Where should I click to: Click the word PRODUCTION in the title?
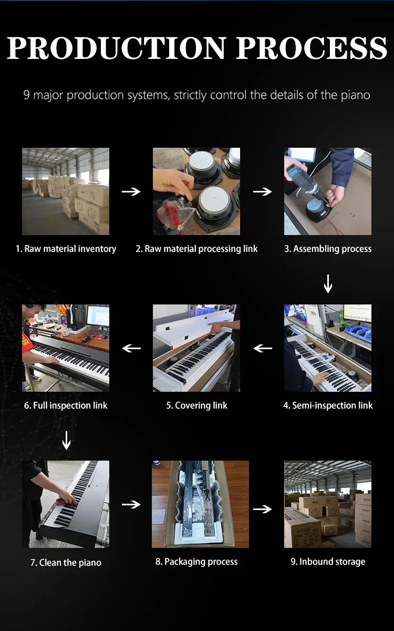[116, 48]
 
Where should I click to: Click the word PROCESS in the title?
[312, 48]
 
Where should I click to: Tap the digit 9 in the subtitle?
[26, 95]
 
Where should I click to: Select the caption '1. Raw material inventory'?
[66, 249]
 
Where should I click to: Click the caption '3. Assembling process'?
[328, 249]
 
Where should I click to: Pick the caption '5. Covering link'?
[196, 405]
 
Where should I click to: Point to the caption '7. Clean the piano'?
[66, 563]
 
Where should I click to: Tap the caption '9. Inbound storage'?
[328, 562]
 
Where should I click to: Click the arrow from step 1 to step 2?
[131, 191]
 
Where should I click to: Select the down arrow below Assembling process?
[328, 283]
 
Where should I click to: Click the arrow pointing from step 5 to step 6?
[131, 349]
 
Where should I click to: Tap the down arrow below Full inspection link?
[66, 441]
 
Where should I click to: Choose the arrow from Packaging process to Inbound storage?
[263, 509]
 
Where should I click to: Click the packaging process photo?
[200, 504]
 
